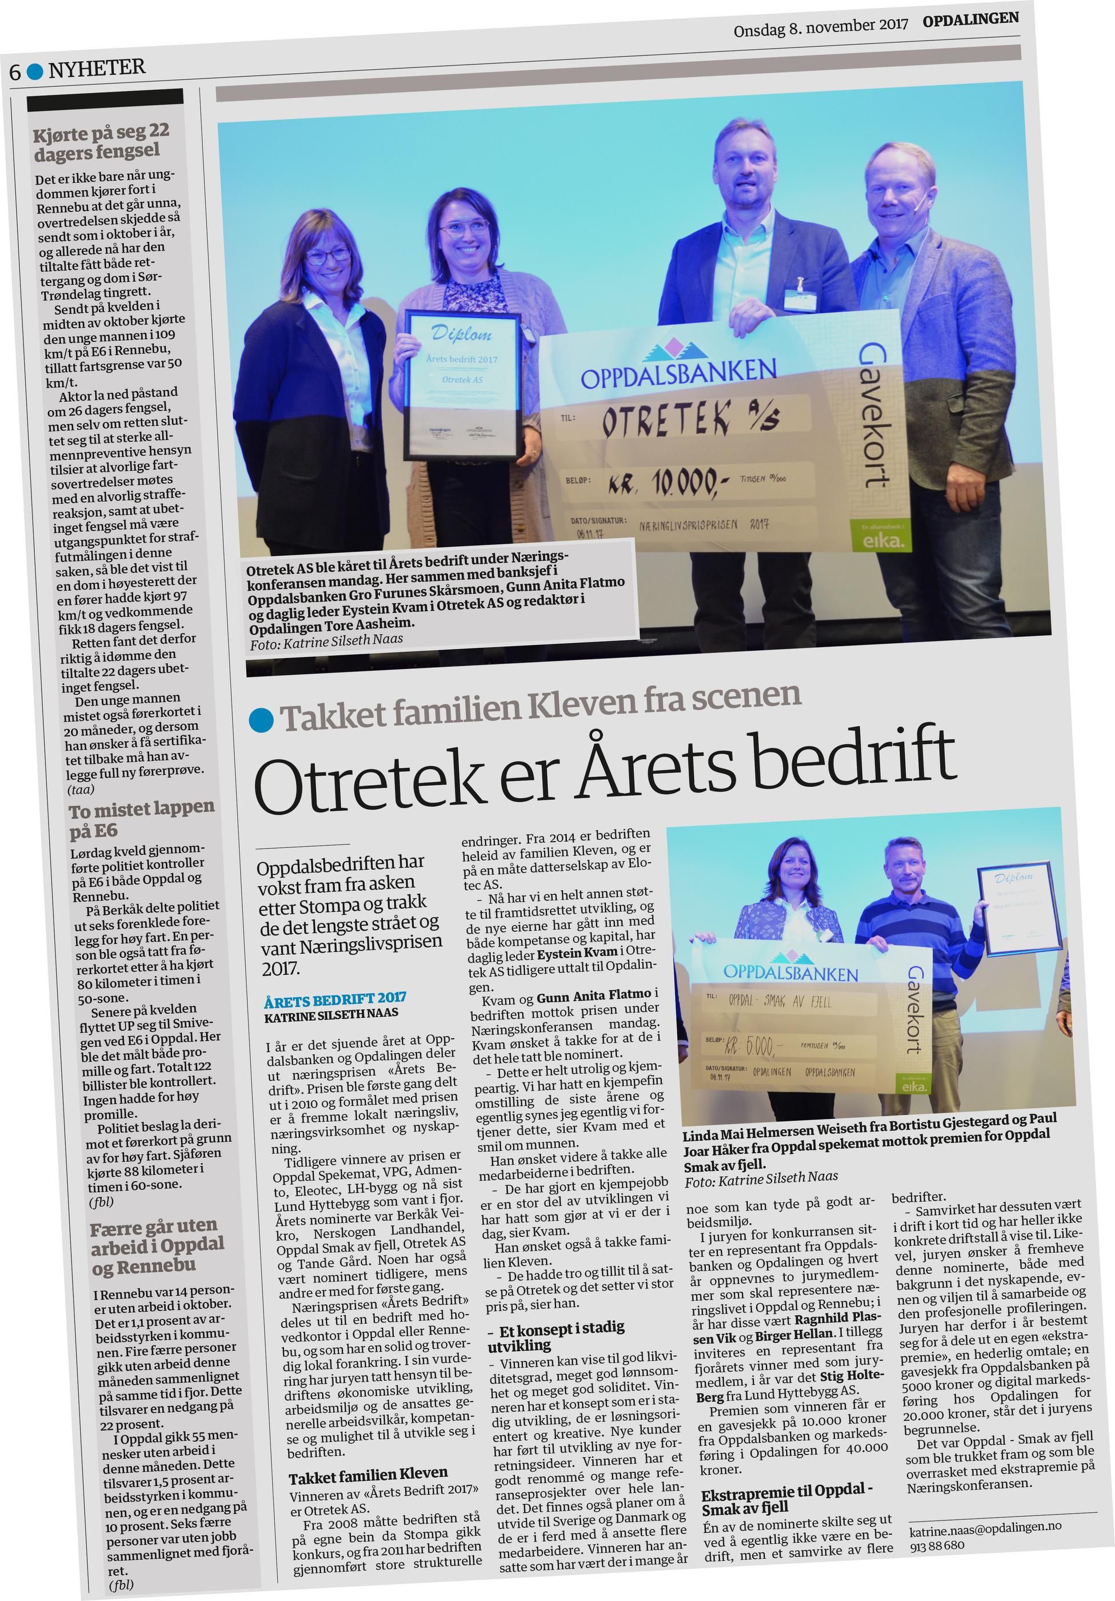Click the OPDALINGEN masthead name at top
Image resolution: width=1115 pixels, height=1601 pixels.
(970, 20)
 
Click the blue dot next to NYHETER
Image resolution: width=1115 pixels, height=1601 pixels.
(35, 70)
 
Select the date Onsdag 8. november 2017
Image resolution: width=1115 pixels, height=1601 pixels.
(820, 28)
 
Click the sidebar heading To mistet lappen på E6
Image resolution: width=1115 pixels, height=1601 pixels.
(141, 819)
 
